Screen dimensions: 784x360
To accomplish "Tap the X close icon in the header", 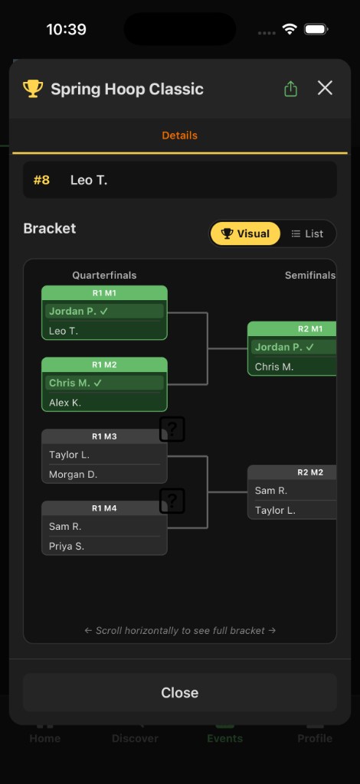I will click(x=325, y=88).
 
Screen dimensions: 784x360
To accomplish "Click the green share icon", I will click(x=290, y=89).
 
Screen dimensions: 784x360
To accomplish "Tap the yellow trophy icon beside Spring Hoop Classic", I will click(x=33, y=89).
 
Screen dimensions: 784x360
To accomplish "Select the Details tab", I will click(x=179, y=136).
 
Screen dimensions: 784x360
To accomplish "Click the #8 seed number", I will click(x=41, y=180).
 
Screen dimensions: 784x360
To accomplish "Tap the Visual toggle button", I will click(x=245, y=234).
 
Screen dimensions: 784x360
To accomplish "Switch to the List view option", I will click(x=307, y=234).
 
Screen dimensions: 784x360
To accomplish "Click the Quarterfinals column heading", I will click(x=104, y=275).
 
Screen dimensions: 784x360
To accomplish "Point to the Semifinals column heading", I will click(x=309, y=275).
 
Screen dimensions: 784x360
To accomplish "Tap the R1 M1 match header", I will click(x=104, y=293).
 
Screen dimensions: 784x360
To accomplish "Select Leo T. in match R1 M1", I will click(x=64, y=331).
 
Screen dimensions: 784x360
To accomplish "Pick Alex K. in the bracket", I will click(x=65, y=403).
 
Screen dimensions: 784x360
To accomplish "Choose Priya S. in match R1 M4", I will click(x=67, y=546).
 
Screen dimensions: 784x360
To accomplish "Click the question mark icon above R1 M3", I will click(x=172, y=430).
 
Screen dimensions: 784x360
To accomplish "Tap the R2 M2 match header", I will click(x=309, y=472).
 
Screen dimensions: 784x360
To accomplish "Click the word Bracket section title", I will click(x=50, y=228).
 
